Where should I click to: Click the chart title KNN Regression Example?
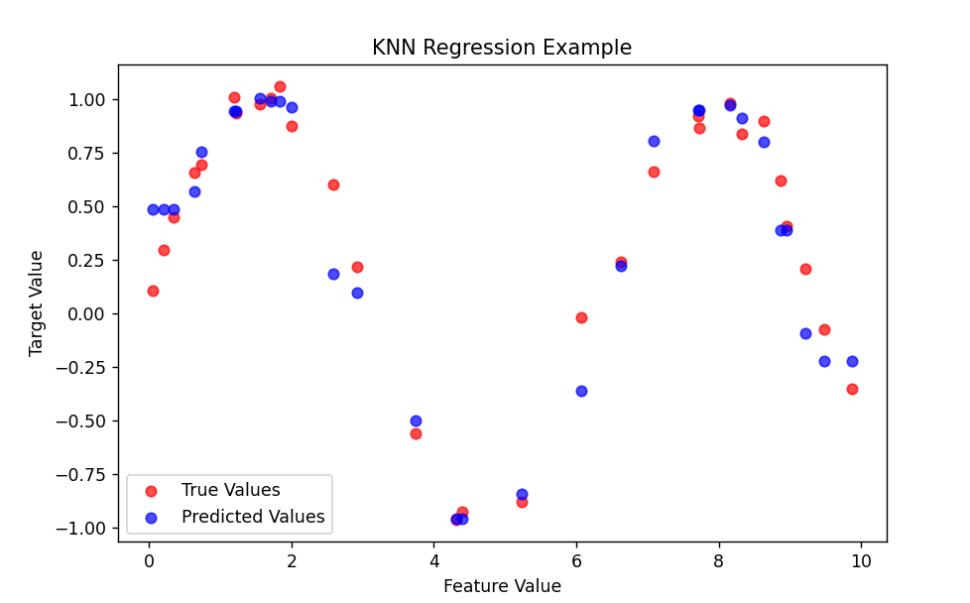pos(501,48)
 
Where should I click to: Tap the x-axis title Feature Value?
pos(502,586)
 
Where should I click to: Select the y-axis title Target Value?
pos(37,302)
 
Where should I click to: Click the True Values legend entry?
pos(230,490)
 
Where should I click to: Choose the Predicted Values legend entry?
pos(252,517)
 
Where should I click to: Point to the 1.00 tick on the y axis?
pos(90,100)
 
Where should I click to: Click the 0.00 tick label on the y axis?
pos(90,313)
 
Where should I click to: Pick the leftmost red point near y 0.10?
pos(153,291)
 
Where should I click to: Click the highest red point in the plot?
pos(280,86)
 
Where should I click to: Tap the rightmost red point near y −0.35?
pos(852,389)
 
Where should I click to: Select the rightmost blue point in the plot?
pos(852,361)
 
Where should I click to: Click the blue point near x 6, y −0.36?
pos(581,391)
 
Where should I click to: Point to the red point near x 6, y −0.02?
pos(581,317)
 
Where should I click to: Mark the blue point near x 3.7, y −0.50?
pos(416,421)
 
